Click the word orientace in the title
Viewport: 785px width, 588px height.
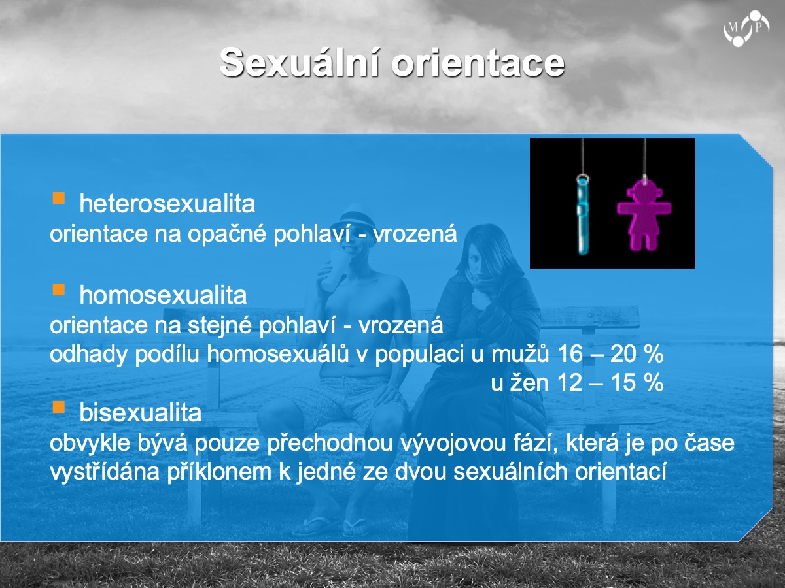point(478,63)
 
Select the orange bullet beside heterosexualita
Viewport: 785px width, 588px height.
point(59,198)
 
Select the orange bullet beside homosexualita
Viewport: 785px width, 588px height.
point(59,289)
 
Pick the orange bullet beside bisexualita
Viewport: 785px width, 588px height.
point(59,407)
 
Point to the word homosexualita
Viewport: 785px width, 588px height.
point(163,295)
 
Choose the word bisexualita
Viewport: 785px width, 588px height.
point(140,413)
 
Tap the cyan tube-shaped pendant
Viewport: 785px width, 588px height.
point(582,215)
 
